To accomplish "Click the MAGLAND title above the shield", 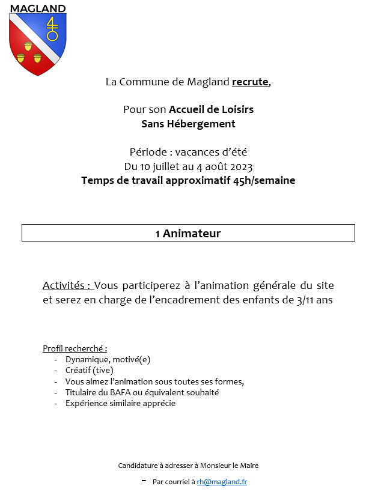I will point(37,8).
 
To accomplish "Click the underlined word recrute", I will point(251,82).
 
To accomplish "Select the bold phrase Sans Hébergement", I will point(188,124).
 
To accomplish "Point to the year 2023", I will point(241,166).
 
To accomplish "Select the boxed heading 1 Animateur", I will point(188,233).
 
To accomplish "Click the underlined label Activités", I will point(67,285).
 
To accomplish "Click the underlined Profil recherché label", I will point(75,348).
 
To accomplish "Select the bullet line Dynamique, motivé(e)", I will point(108,359).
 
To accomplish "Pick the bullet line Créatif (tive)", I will point(90,370).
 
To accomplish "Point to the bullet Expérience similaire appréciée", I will point(121,403).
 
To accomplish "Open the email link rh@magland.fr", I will point(222,482).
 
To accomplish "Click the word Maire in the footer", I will point(248,466).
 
